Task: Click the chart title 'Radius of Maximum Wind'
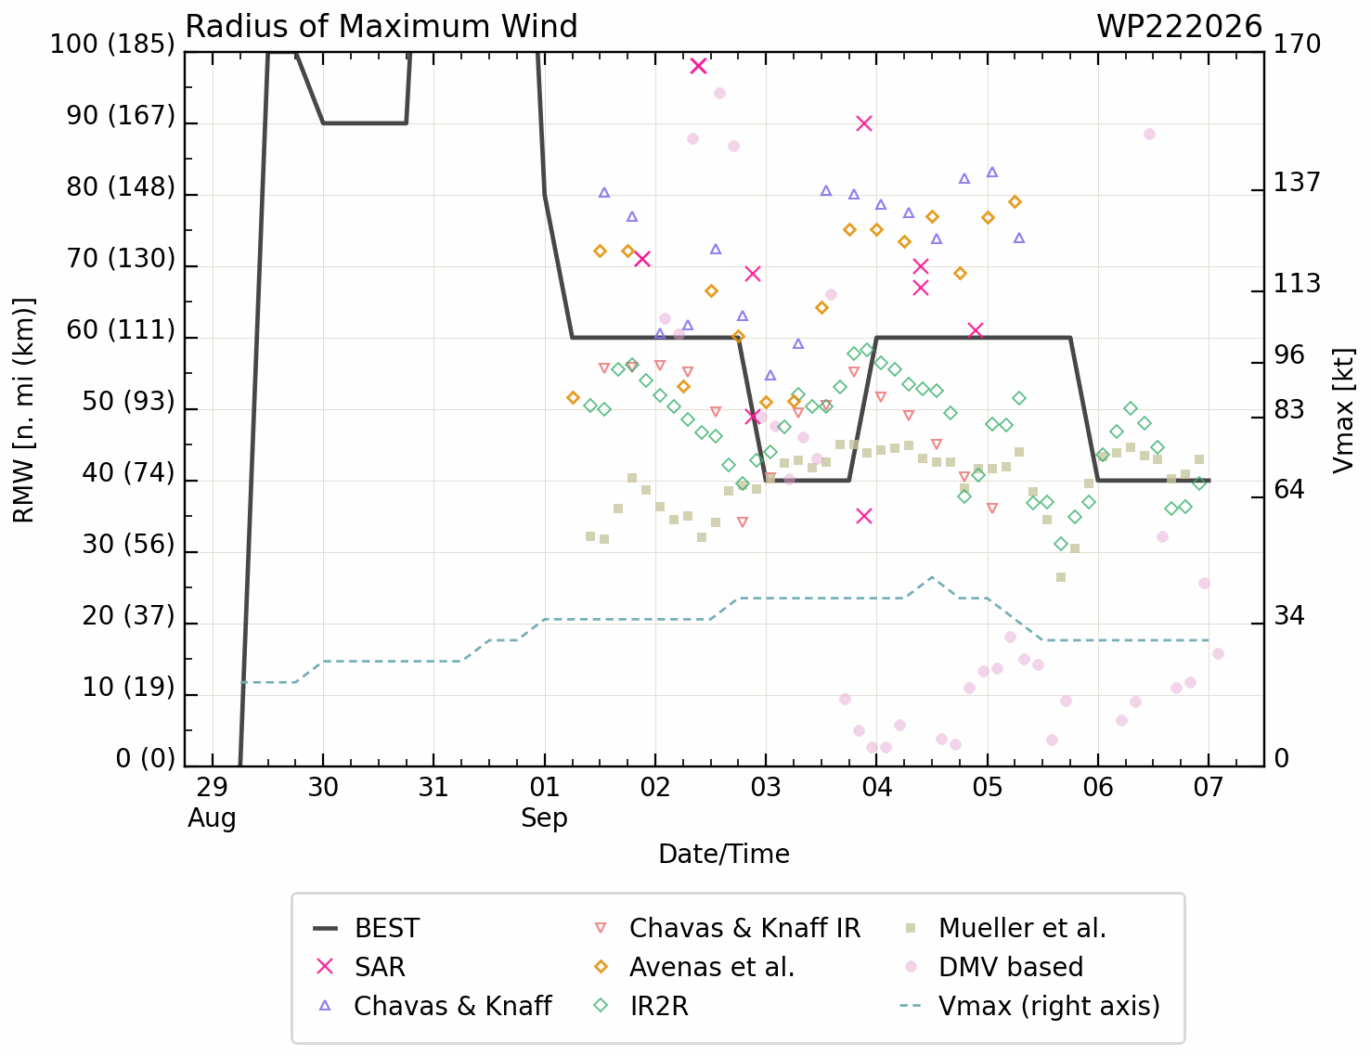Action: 382,27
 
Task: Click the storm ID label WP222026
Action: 1179,27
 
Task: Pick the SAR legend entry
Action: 359,967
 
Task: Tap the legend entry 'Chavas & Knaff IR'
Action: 728,928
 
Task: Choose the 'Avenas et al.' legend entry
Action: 694,967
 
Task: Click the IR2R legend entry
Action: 641,1006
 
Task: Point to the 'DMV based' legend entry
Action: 994,967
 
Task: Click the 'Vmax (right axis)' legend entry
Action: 1030,1006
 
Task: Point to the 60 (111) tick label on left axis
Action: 121,329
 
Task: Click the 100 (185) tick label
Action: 112,45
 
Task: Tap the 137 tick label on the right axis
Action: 1297,182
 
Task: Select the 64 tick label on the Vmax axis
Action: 1289,489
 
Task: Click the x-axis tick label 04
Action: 876,787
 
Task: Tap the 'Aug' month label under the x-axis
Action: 212,818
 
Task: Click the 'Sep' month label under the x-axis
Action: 544,818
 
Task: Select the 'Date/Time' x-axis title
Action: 724,855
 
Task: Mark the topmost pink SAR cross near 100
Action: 698,66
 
